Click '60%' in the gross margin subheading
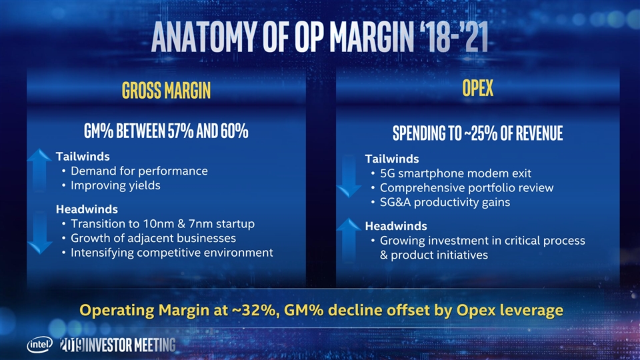pos(230,131)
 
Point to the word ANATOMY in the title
pos(204,38)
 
